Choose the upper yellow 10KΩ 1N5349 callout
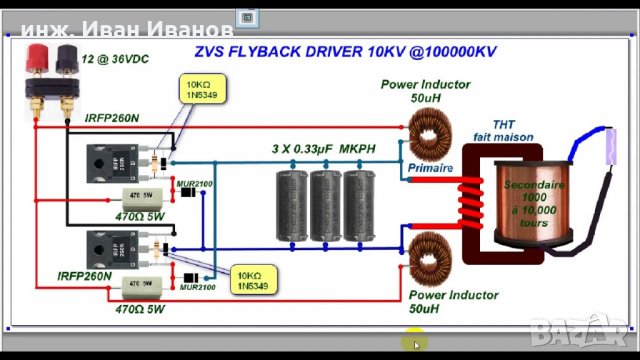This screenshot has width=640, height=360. [x=200, y=89]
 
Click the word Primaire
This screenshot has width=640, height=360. [x=431, y=169]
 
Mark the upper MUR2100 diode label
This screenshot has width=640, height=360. [x=194, y=184]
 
